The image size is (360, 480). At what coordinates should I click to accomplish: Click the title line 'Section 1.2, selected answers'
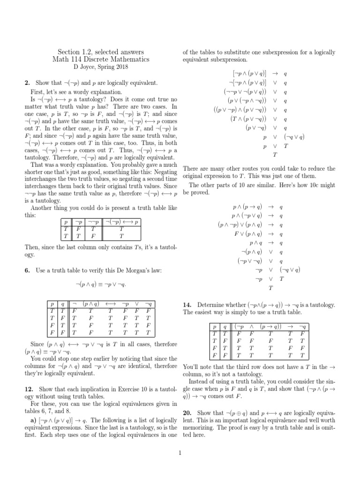tap(100, 52)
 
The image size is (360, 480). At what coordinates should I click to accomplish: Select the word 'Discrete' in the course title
tap(102, 60)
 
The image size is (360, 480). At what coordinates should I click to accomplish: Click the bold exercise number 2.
tap(26, 83)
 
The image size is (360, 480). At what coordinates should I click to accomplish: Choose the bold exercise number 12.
tap(28, 390)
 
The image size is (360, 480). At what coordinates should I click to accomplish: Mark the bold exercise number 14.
tap(187, 304)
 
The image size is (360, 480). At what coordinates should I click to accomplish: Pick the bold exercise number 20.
tap(187, 412)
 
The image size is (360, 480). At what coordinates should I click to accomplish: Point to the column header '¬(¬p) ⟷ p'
tap(121, 221)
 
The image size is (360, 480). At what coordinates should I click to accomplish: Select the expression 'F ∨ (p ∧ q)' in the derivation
tap(242, 234)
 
